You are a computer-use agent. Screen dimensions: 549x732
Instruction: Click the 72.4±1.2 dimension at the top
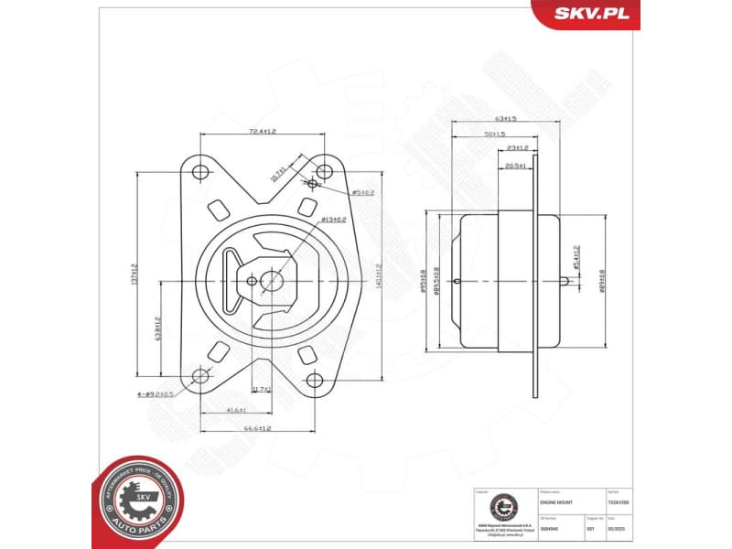[x=263, y=132]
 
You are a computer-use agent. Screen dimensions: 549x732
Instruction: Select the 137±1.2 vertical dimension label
[x=134, y=272]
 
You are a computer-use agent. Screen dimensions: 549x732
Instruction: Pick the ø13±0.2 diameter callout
[x=333, y=220]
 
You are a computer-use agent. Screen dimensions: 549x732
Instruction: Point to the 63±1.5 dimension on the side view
[x=505, y=118]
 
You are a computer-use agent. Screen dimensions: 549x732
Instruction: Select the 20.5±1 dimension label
[x=515, y=166]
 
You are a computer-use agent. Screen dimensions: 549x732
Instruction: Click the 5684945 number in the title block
[x=552, y=528]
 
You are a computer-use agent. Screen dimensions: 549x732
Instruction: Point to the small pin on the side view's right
[x=570, y=282]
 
